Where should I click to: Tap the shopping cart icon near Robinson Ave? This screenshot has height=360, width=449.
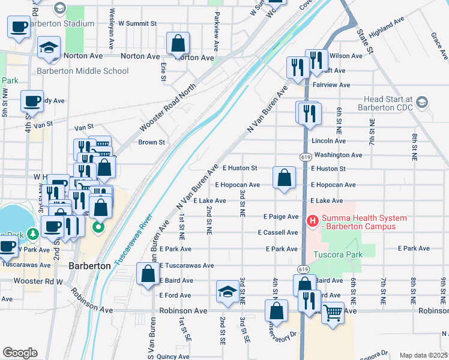(x=333, y=311)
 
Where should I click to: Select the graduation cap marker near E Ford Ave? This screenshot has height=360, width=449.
(x=227, y=292)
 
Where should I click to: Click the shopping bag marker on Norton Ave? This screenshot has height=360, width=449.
(x=178, y=43)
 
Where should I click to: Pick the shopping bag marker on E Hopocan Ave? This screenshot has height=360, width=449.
(x=284, y=178)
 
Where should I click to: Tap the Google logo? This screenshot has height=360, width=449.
(x=20, y=353)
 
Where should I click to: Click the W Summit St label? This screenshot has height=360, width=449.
(x=137, y=23)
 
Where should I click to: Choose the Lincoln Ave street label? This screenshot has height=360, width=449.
(x=328, y=141)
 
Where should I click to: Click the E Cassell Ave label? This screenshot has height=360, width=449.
(x=278, y=232)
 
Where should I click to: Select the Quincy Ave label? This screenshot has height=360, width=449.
(x=173, y=356)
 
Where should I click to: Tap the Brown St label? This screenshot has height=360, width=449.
(x=151, y=142)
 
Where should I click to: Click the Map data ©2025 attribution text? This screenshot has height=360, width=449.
(x=423, y=355)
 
